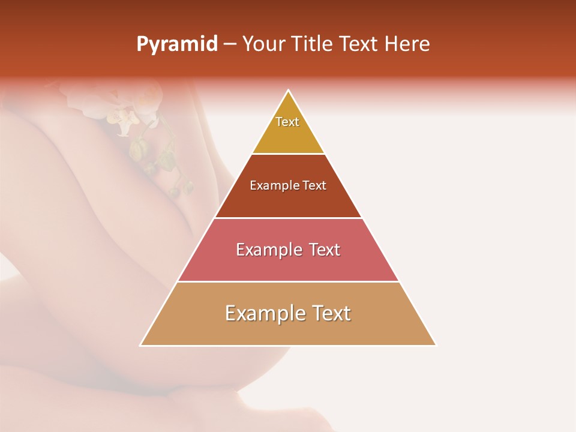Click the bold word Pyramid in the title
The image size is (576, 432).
tap(177, 44)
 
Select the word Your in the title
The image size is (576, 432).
tap(264, 44)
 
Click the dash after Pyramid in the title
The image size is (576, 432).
tap(230, 44)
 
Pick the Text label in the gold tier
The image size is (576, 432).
tap(287, 122)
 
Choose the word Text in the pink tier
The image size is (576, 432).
tap(325, 250)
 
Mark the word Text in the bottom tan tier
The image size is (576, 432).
tap(331, 313)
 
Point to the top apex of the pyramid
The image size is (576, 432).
tap(289, 91)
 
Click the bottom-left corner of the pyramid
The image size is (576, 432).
tap(141, 345)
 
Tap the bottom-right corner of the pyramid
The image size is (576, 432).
tap(436, 345)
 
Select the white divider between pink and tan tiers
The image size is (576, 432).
tap(288, 281)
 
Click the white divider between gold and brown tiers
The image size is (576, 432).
tap(288, 154)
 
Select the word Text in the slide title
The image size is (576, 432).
tap(359, 44)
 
